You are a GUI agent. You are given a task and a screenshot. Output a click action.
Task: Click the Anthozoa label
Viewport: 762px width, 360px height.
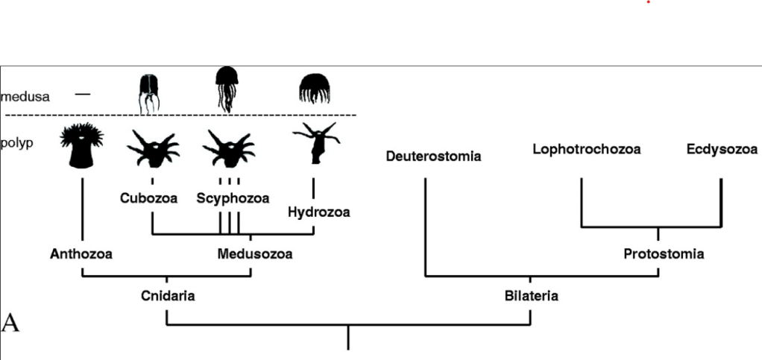coord(81,254)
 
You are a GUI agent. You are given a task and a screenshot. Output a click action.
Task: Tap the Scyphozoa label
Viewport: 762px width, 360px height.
coord(233,198)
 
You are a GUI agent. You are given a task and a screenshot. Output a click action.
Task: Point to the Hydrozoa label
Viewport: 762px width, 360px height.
coord(318,212)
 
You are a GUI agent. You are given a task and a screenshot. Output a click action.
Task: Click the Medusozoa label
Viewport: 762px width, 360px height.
coord(255,254)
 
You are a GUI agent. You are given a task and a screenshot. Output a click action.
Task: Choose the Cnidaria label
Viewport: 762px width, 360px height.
coord(168,296)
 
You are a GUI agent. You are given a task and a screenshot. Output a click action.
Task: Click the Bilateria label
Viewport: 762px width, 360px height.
coord(531,296)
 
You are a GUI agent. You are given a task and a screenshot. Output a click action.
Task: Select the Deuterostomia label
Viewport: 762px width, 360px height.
coord(433,157)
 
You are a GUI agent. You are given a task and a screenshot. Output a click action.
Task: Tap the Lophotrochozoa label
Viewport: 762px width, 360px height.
coord(587,149)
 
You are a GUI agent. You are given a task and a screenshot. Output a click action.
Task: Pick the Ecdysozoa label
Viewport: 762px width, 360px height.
coord(722,149)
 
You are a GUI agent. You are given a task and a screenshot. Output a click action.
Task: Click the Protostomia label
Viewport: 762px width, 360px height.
coord(664,254)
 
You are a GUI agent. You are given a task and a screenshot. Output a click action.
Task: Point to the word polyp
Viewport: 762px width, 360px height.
coord(17,142)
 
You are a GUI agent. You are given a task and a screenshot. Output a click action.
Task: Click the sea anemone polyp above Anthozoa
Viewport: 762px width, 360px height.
coord(82,145)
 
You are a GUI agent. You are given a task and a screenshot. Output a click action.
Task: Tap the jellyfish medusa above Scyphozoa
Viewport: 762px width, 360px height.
coord(227,87)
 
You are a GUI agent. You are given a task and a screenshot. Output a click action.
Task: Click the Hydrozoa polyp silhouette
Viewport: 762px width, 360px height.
coord(316,145)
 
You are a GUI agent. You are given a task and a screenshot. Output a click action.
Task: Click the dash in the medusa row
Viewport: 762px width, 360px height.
coord(82,94)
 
